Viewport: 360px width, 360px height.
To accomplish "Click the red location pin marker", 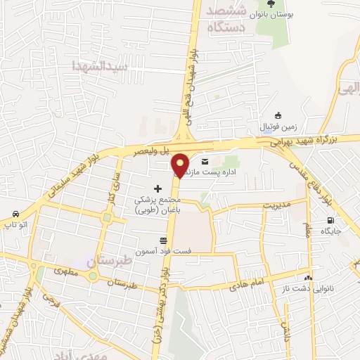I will point(181,165).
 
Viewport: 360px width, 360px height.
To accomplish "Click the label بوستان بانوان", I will point(293,14).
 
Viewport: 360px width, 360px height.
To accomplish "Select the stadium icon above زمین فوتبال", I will point(278,117).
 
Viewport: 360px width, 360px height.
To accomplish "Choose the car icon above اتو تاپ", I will point(15,214).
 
